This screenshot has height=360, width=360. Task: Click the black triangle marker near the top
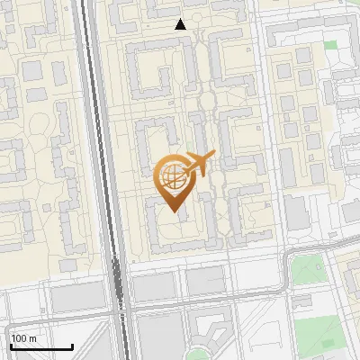point(181,24)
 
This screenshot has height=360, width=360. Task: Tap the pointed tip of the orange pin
point(174,211)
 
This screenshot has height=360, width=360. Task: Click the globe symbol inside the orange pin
point(173,176)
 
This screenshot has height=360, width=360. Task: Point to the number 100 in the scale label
point(20,338)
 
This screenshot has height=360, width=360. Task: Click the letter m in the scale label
point(33,338)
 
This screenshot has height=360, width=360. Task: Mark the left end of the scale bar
point(10,346)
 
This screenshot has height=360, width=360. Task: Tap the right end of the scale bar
point(72,346)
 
